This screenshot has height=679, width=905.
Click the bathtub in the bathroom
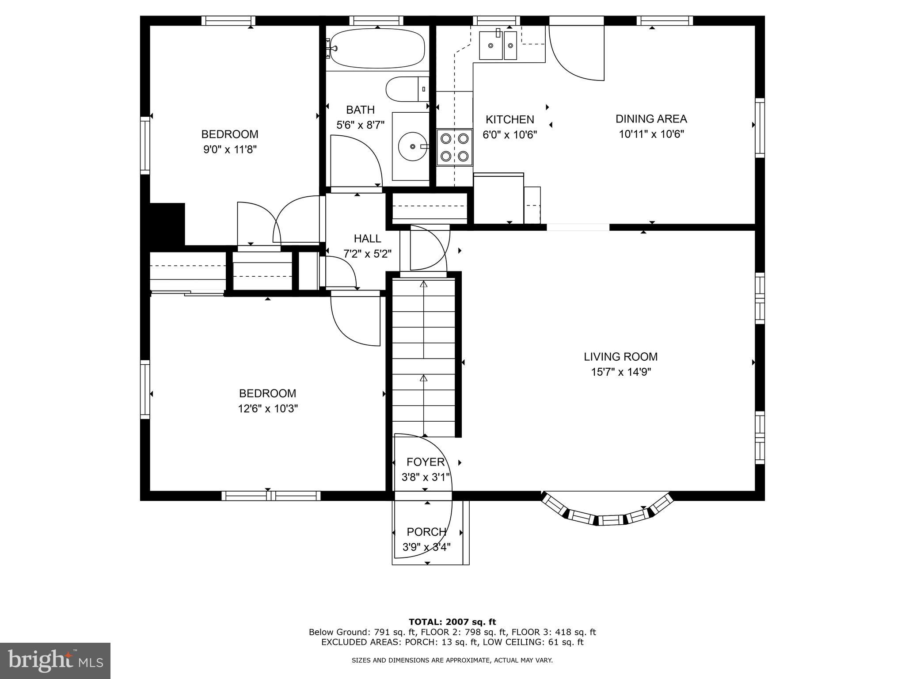click(x=377, y=48)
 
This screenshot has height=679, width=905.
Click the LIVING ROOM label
click(x=620, y=357)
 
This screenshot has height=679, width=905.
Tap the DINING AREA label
click(x=651, y=119)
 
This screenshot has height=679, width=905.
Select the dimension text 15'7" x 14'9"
click(x=621, y=372)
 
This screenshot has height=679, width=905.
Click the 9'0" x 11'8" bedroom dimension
click(x=230, y=149)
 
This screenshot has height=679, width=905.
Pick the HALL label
click(x=367, y=239)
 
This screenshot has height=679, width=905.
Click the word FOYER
click(x=425, y=462)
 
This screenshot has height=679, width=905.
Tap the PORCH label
click(x=426, y=532)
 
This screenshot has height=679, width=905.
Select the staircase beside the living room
click(x=424, y=355)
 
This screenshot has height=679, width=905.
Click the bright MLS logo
click(x=55, y=661)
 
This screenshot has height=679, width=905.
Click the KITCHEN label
click(x=510, y=119)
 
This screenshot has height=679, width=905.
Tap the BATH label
click(x=360, y=110)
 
